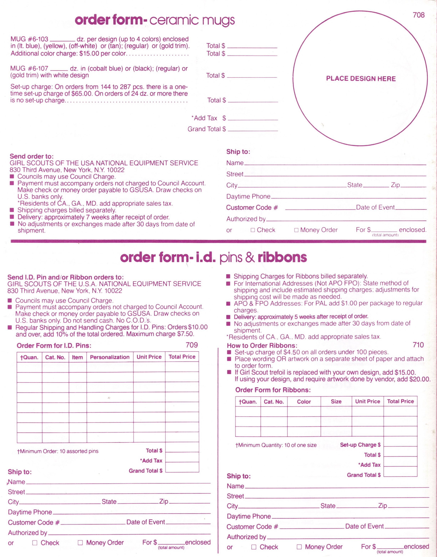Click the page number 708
419,15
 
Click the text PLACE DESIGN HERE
361,78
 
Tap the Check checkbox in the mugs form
253,230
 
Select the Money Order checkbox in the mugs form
296,230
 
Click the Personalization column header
110,357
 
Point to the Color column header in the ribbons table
304,402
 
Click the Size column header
336,402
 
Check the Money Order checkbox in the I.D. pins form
80,542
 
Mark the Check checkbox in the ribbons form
254,547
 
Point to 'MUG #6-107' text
29,68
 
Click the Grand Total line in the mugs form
253,129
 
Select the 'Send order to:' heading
31,156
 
